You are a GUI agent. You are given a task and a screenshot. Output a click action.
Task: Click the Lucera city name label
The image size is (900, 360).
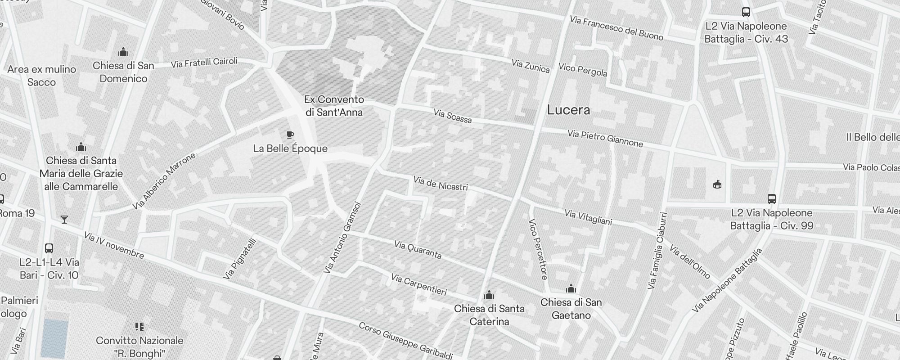(568, 110)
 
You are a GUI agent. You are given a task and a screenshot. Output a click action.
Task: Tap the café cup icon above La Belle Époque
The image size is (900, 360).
(290, 135)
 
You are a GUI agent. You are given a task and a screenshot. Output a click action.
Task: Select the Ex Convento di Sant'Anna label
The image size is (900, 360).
(334, 106)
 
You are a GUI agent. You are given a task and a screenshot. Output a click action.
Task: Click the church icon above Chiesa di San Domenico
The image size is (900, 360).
(123, 52)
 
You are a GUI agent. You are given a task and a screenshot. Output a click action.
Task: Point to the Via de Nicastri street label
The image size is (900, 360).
(441, 184)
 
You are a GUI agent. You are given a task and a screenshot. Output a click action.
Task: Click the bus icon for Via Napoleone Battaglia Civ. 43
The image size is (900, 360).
(746, 12)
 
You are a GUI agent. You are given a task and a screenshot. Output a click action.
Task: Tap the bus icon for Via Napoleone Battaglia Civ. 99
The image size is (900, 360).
(771, 198)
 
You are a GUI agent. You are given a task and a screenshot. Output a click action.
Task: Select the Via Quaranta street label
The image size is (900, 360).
(418, 250)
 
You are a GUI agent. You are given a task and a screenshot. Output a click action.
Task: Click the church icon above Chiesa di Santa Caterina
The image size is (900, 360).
(489, 295)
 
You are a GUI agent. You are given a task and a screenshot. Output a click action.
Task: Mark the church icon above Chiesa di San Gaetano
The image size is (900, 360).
(571, 288)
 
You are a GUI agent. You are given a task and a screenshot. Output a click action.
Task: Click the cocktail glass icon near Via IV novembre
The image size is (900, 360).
(64, 220)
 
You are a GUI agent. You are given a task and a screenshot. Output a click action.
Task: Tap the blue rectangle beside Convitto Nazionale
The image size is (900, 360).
(54, 338)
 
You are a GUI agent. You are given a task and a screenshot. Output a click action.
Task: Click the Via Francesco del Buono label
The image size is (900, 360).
(616, 28)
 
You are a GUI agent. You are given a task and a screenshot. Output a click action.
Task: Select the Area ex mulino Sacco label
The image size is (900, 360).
(41, 76)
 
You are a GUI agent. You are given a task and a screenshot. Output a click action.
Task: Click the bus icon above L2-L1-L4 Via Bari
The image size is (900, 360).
(49, 248)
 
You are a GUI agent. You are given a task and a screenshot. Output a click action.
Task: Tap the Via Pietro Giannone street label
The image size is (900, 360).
(605, 139)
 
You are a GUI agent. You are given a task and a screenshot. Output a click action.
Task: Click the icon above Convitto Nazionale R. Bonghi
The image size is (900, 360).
(139, 326)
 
